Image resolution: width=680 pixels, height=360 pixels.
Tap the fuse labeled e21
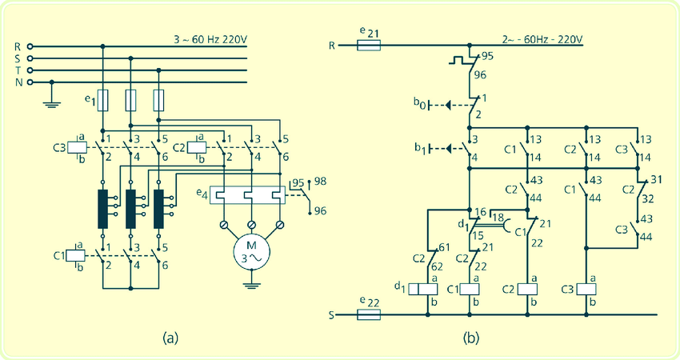(369, 45)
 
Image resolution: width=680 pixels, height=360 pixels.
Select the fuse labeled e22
(369, 314)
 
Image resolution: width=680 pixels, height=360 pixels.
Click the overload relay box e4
(248, 195)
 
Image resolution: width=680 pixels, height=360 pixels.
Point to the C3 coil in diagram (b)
(586, 289)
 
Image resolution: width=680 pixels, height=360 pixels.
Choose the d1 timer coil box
(423, 289)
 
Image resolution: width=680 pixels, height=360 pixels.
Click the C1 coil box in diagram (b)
(470, 289)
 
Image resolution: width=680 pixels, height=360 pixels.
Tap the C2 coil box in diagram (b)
(528, 289)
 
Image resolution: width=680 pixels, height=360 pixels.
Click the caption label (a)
(170, 338)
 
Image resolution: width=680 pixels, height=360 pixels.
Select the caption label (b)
(471, 338)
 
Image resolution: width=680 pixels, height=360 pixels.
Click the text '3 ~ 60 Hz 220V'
(210, 39)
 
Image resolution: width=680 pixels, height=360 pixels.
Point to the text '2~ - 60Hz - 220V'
(542, 39)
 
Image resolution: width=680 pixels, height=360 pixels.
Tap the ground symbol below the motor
(251, 285)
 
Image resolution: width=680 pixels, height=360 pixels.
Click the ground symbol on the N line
(52, 104)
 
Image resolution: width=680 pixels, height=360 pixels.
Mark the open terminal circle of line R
(30, 46)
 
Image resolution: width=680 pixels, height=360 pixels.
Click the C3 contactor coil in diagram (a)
(77, 147)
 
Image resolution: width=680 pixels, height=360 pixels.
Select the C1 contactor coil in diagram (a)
(77, 256)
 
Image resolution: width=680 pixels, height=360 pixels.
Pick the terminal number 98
(321, 181)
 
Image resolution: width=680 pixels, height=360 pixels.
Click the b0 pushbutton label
(419, 104)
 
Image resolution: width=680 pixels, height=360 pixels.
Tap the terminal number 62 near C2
(437, 266)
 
